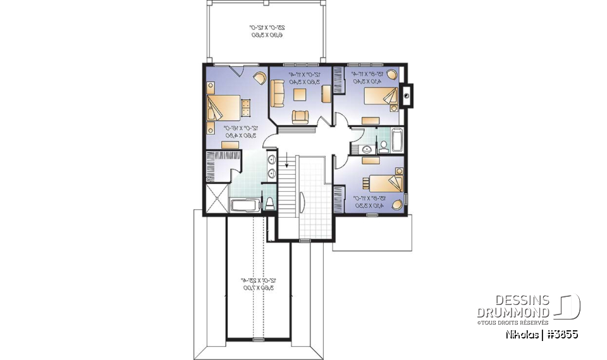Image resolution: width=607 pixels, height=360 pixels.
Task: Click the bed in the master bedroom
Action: [225, 107]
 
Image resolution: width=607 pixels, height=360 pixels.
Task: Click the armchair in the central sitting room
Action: [299, 116]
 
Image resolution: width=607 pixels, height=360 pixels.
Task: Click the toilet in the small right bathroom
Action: [383, 147]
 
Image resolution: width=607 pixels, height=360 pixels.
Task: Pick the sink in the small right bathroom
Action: [367, 149]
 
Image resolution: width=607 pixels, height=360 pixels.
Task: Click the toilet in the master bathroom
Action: [269, 203]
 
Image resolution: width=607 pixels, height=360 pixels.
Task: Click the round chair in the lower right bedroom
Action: [396, 204]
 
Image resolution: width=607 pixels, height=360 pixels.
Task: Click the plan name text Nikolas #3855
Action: [542, 334]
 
